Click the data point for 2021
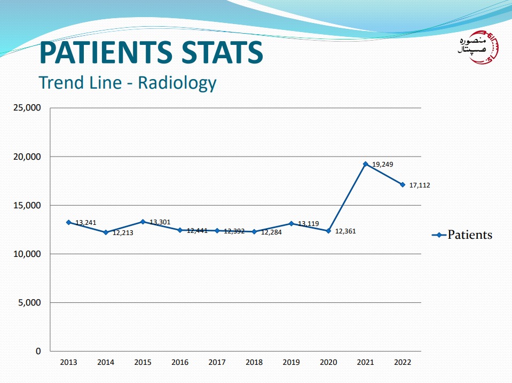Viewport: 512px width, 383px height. [366, 164]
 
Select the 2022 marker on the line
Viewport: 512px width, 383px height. [403, 184]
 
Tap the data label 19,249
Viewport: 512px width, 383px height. [382, 165]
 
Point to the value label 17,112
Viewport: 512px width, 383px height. [420, 185]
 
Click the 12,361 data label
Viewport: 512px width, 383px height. [345, 231]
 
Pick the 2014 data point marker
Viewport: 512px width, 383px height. [106, 232]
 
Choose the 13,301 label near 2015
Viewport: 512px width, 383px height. [160, 222]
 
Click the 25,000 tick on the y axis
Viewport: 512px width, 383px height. [27, 108]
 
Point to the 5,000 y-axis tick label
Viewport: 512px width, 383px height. [29, 302]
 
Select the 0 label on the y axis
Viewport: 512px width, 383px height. [38, 351]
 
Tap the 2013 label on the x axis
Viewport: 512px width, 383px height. [68, 362]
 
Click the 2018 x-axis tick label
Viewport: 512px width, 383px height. [254, 362]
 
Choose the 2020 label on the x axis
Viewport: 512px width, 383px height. [328, 362]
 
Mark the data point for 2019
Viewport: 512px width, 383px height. [292, 223]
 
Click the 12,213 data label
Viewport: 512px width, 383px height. [123, 233]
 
